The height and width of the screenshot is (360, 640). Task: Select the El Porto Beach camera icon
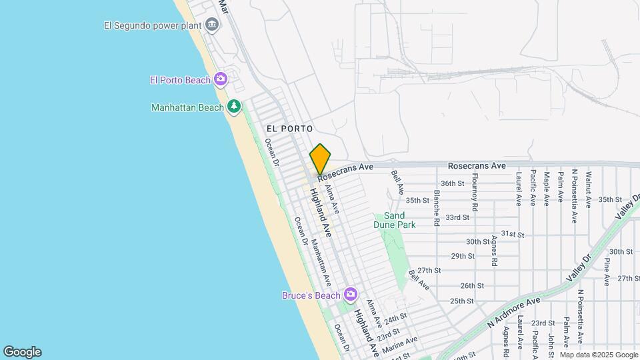pyautogui.click(x=221, y=80)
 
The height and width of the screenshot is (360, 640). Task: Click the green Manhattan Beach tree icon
pyautogui.click(x=233, y=107)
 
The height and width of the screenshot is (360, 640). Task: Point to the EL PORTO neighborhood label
pyautogui.click(x=289, y=128)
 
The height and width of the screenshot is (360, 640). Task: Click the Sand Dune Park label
pyautogui.click(x=395, y=220)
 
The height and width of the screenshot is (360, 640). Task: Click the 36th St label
pyautogui.click(x=452, y=183)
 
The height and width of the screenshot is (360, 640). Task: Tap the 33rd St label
pyautogui.click(x=457, y=217)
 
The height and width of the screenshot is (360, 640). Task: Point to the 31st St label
pyautogui.click(x=513, y=234)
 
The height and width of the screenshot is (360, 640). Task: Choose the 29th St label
pyautogui.click(x=462, y=256)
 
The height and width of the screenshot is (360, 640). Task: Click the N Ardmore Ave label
pyautogui.click(x=513, y=311)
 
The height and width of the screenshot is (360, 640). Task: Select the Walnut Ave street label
pyautogui.click(x=589, y=189)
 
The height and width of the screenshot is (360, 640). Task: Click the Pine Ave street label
pyautogui.click(x=607, y=272)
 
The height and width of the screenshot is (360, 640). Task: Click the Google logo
pyautogui.click(x=22, y=351)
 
